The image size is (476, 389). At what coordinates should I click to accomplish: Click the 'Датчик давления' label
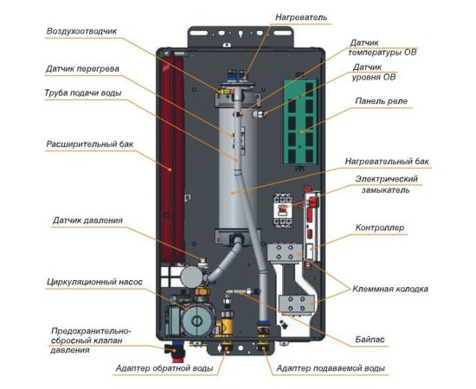tap(82, 220)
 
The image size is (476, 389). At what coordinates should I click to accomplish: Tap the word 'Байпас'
tap(368, 333)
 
